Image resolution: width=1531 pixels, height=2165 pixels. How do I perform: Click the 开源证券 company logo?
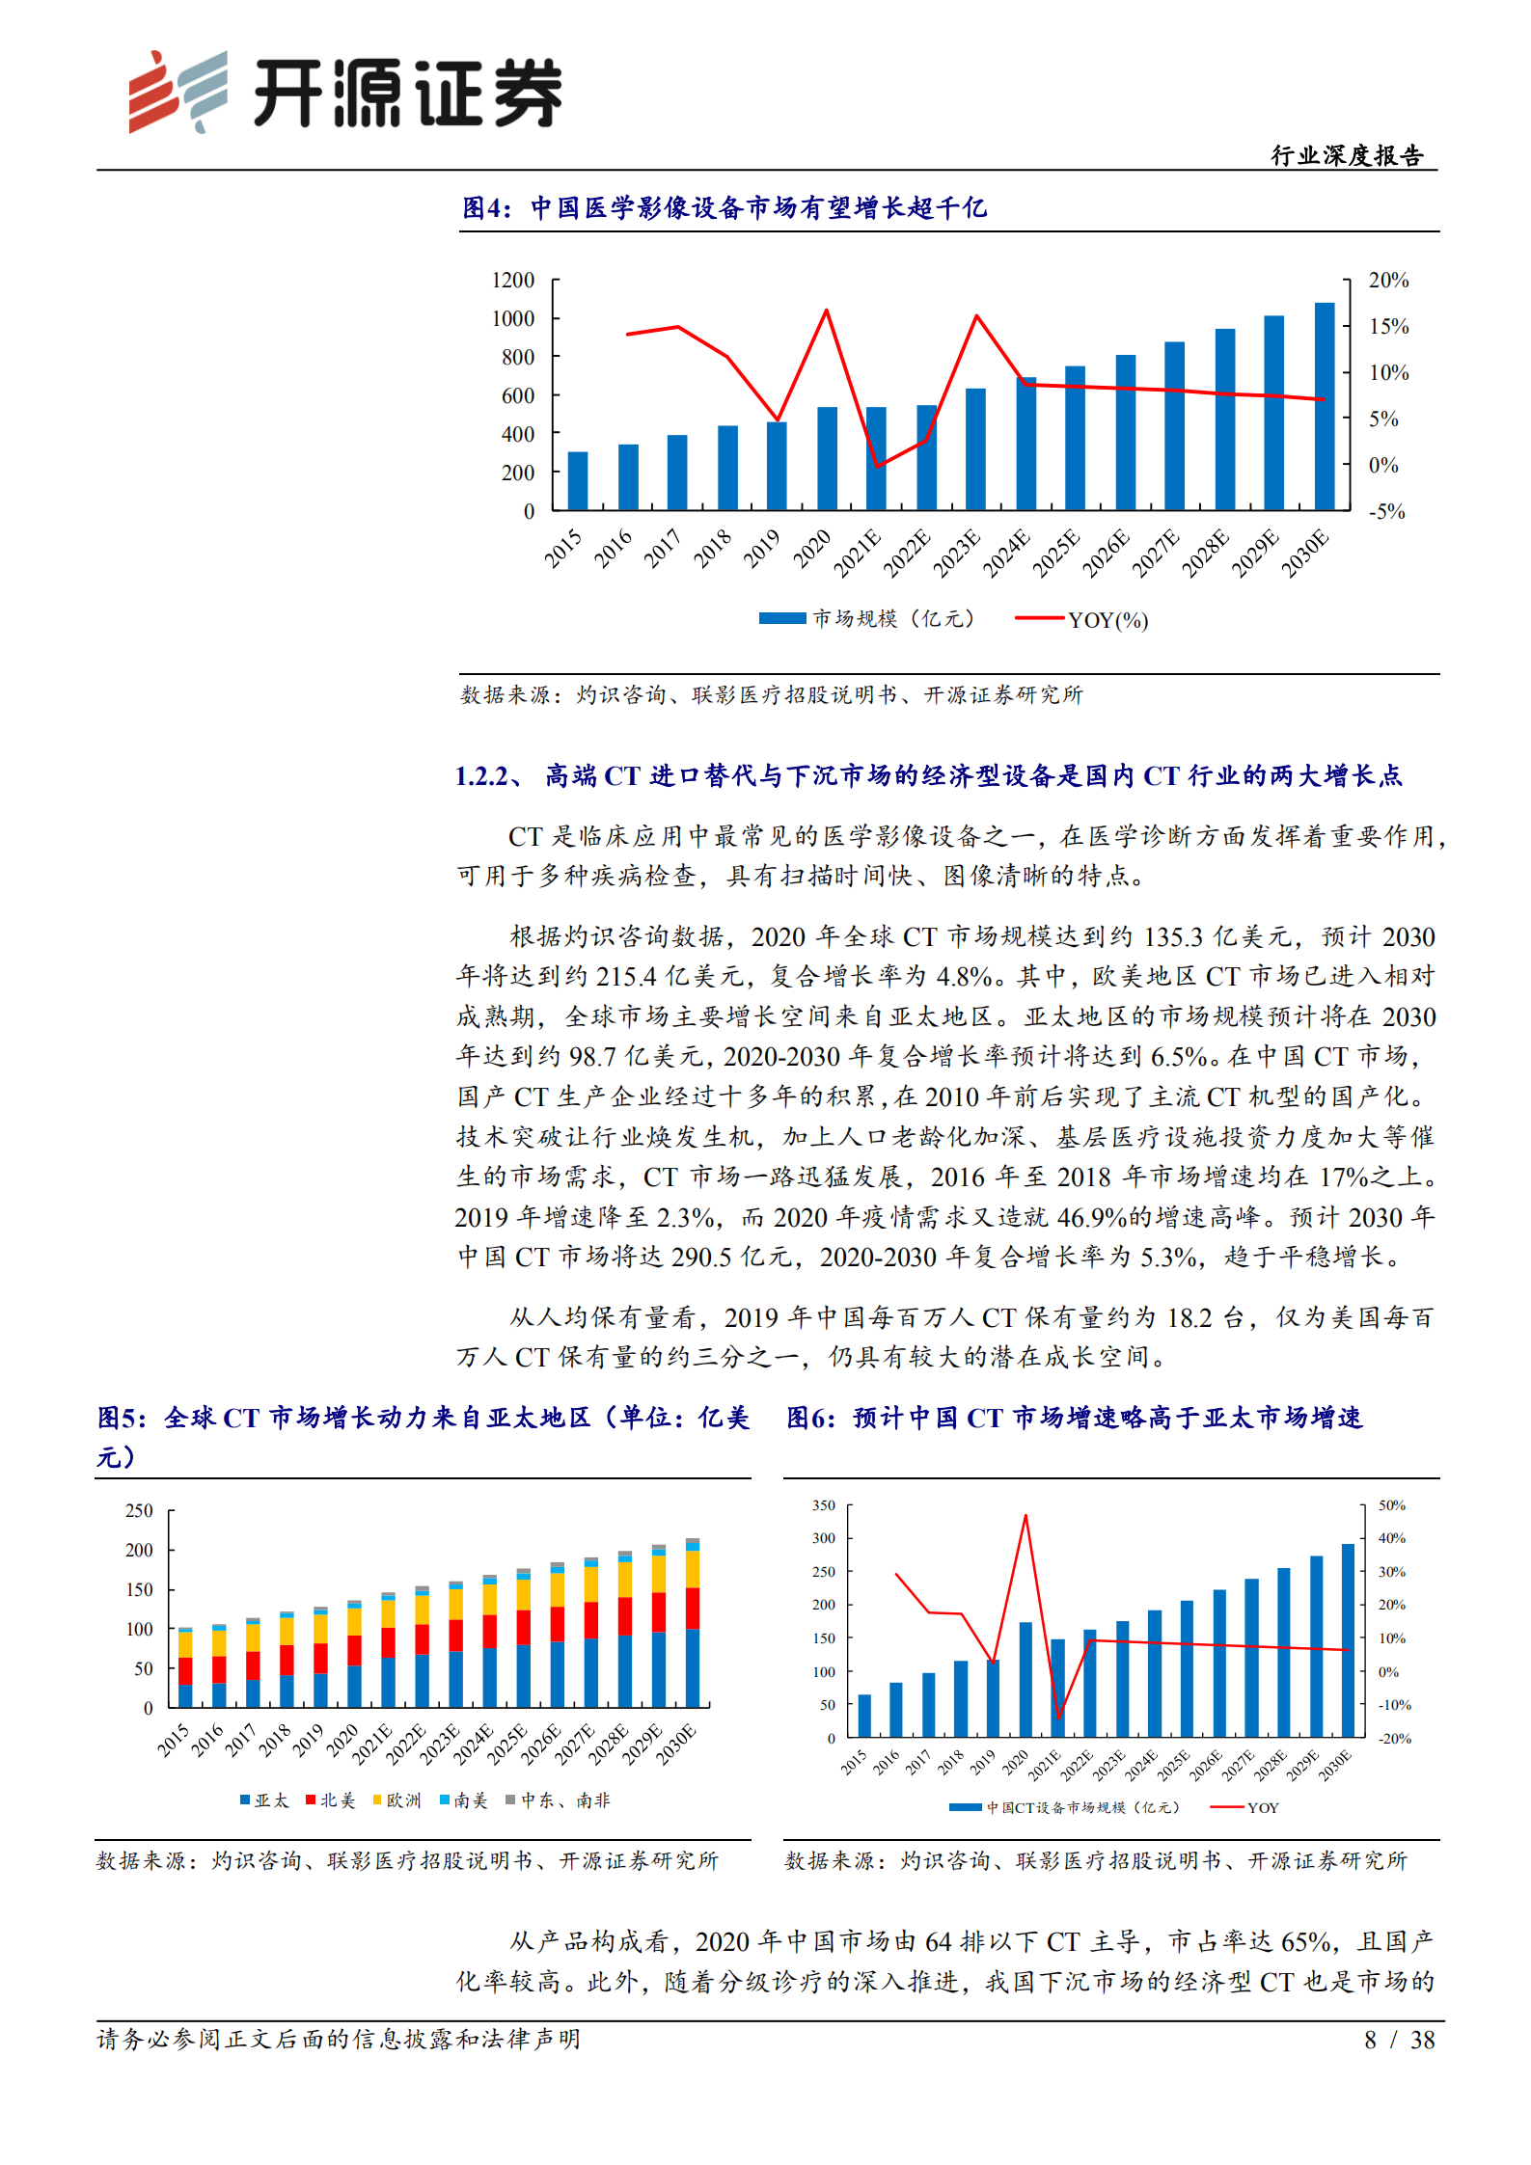[x=344, y=93]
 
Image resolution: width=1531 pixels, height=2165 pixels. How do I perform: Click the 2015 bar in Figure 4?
[x=577, y=480]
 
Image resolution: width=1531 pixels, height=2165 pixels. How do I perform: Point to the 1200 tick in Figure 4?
[x=512, y=281]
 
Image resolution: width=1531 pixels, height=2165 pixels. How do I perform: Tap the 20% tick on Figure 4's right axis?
[x=1388, y=281]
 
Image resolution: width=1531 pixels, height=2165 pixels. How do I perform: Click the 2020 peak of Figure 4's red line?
[x=827, y=311]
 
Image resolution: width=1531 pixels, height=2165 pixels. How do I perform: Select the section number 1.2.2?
[x=482, y=776]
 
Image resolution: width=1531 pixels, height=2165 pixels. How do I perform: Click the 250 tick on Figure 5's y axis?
[x=139, y=1510]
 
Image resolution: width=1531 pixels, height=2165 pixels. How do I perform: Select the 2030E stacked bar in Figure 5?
[x=692, y=1625]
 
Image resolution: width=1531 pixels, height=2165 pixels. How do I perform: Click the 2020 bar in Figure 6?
[x=1025, y=1680]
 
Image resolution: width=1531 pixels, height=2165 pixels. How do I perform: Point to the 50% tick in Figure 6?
[x=1391, y=1505]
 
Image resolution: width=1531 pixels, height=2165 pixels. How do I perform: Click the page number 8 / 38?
[x=1399, y=2040]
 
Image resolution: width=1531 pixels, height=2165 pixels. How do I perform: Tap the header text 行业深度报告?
[x=1347, y=156]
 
